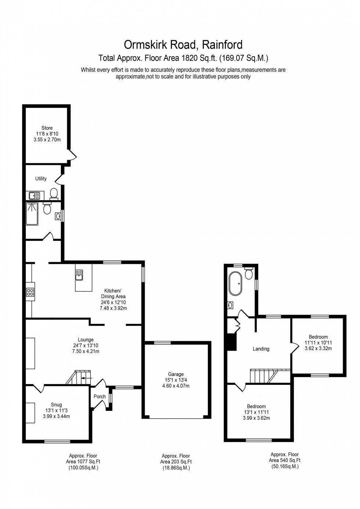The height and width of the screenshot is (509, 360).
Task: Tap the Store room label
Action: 47,128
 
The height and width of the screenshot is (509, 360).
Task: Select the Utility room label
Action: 41,178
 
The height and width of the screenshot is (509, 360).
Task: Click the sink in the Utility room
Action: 35,195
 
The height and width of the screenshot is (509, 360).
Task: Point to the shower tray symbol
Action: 32,214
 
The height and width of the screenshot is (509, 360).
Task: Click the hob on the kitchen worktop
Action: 30,292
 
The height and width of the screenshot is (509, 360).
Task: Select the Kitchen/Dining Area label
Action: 113,293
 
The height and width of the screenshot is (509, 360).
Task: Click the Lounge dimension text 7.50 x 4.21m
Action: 85,351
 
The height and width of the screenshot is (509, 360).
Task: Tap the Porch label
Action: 100,396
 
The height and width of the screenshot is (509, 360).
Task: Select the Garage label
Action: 176,374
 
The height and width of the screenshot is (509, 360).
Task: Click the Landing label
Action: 261,349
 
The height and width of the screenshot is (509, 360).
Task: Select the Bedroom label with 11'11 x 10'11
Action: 318,337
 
